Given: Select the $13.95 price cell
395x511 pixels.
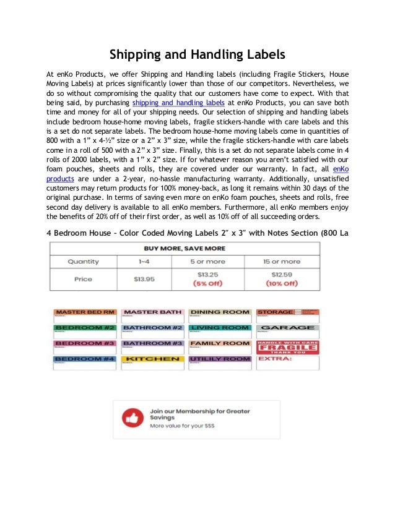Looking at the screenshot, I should click(x=144, y=279).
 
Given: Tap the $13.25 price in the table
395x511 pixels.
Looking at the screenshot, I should click(x=207, y=274).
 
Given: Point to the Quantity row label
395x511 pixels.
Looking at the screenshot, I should click(x=83, y=261).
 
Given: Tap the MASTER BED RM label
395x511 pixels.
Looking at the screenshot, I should click(x=85, y=312).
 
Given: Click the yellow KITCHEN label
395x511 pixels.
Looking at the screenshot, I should click(x=152, y=359).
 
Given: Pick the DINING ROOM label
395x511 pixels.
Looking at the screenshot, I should click(x=220, y=312).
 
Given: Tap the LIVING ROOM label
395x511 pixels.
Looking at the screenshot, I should click(x=220, y=327).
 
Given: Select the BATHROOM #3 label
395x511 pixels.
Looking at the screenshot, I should click(x=152, y=343).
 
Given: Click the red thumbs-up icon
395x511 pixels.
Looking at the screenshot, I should click(x=132, y=418).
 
